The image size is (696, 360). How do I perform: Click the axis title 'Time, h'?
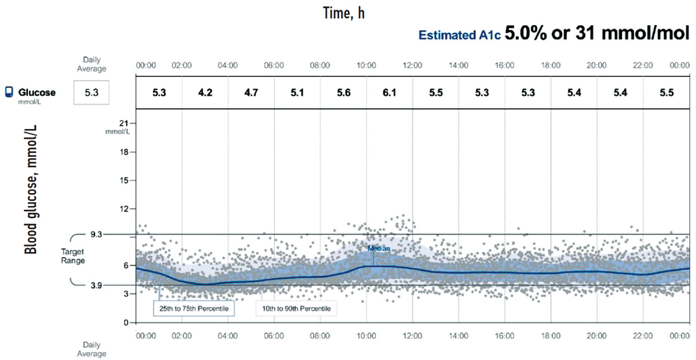click(344, 14)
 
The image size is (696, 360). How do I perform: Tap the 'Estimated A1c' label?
click(459, 35)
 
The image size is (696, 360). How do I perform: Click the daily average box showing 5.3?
click(91, 92)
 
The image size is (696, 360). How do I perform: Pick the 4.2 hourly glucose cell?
click(205, 92)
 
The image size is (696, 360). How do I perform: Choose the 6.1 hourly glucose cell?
click(389, 92)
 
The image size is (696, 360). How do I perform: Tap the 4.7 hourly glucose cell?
click(251, 92)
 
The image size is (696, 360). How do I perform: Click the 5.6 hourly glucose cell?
click(343, 92)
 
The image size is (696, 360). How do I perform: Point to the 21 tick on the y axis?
click(124, 123)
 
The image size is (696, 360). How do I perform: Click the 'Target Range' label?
click(72, 255)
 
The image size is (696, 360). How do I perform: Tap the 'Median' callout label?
click(379, 249)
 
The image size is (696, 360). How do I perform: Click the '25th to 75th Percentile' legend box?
click(193, 308)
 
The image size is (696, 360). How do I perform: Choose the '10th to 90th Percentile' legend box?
click(296, 308)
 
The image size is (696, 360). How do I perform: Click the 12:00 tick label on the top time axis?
click(412, 65)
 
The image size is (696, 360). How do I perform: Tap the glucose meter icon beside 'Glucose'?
click(9, 92)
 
